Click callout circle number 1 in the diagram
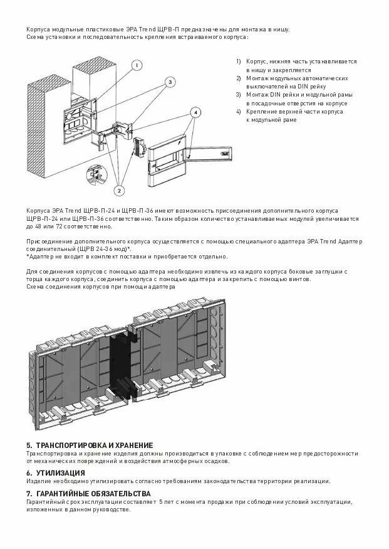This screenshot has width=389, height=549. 137,65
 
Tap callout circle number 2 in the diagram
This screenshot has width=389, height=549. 119,189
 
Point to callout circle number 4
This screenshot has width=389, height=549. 195,112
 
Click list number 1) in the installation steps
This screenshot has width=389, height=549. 239,61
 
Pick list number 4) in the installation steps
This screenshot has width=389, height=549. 239,111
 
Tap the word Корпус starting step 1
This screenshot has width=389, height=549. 257,61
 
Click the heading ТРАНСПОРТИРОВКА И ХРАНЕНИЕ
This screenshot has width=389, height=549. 95,445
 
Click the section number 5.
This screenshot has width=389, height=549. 29,445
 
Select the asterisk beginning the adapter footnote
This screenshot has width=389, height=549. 28,257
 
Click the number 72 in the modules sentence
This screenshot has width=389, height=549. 58,227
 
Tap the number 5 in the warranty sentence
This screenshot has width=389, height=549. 162,502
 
